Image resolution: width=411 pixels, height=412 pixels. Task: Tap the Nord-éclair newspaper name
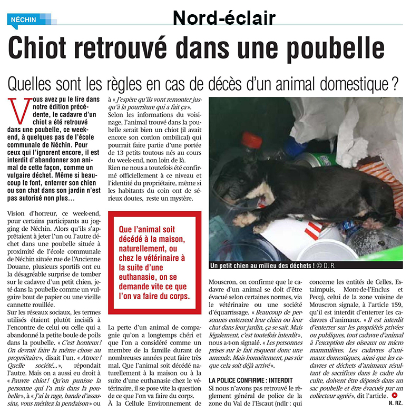[x=224, y=18]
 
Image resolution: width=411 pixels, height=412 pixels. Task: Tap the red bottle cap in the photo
[x=253, y=141]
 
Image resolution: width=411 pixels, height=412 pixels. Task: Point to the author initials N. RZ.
[x=397, y=403]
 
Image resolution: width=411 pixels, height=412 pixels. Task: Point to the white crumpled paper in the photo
[x=369, y=126]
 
